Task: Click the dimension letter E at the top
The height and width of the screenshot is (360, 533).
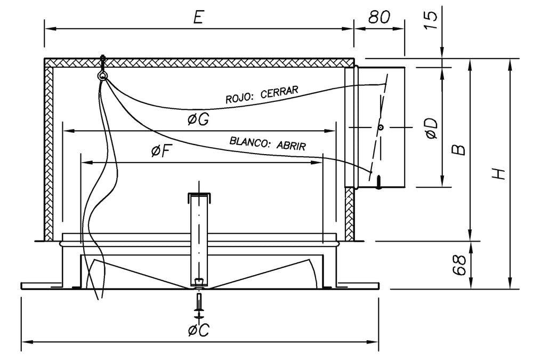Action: (x=198, y=17)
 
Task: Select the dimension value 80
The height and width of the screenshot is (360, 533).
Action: (x=379, y=17)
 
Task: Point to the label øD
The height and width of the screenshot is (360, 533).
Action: (x=432, y=129)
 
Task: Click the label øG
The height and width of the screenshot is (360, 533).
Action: (x=198, y=120)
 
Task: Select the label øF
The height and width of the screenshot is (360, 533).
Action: (x=160, y=152)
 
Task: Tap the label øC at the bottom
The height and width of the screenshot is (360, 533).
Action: (x=198, y=331)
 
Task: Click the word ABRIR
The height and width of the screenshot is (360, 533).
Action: (x=291, y=146)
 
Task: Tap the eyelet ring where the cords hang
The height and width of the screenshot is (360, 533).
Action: (x=102, y=76)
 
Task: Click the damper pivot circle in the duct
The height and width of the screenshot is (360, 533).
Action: (x=381, y=127)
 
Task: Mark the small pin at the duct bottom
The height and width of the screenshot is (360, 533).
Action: (x=378, y=183)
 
